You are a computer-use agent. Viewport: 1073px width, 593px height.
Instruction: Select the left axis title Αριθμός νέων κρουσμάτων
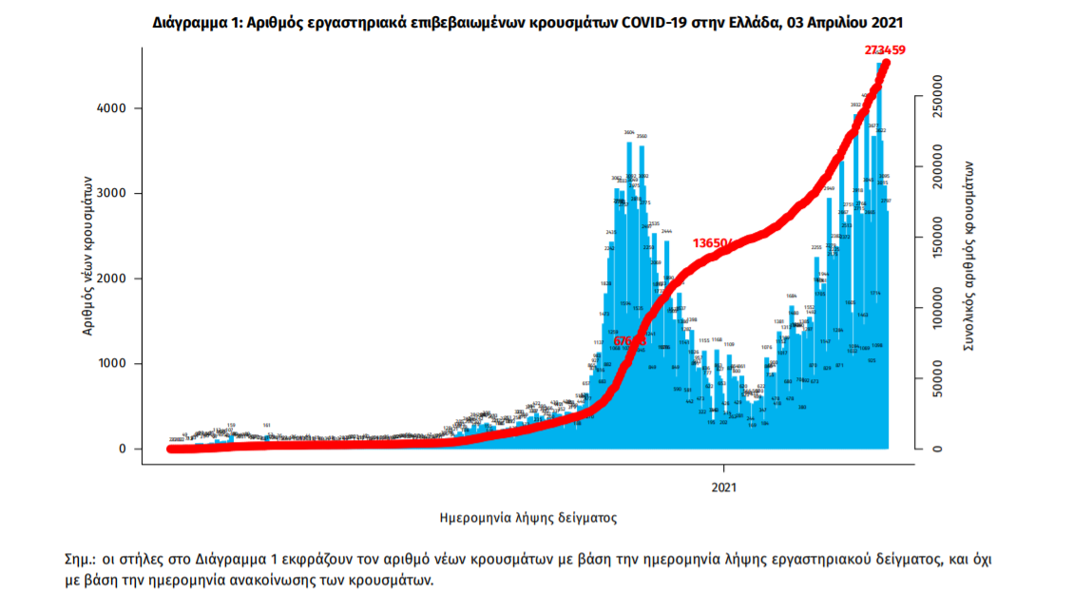point(87,255)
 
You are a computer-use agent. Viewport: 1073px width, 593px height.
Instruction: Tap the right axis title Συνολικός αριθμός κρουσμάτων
point(968,256)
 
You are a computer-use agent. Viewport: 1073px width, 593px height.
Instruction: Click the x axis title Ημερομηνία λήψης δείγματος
point(528,518)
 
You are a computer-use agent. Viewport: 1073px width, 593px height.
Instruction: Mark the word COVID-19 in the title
point(650,20)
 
